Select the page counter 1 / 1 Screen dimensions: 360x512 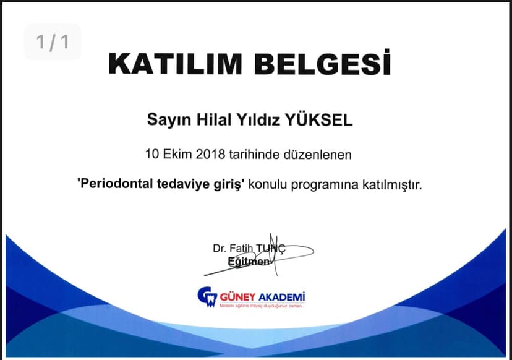point(53,42)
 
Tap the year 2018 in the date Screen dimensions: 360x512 point(212,154)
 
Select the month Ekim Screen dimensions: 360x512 point(176,154)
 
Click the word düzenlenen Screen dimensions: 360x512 point(320,154)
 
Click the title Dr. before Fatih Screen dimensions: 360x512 point(220,249)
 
